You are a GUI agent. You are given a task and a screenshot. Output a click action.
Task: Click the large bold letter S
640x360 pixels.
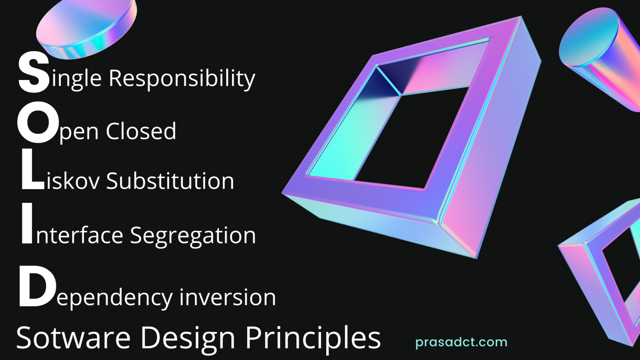click(34, 73)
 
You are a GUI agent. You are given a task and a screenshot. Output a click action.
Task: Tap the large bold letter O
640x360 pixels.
click(37, 122)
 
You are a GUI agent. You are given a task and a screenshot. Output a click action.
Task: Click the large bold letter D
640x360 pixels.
click(37, 288)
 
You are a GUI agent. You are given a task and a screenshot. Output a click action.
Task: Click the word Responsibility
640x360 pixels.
click(182, 78)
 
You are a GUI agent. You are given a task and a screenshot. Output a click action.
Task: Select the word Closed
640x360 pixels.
click(141, 131)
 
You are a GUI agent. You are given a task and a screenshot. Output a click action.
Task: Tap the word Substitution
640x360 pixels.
click(170, 181)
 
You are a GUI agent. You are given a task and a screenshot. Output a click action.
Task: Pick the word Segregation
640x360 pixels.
click(193, 235)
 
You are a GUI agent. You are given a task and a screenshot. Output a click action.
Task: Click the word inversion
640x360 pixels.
click(227, 297)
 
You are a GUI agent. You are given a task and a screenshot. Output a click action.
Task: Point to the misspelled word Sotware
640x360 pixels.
click(73, 337)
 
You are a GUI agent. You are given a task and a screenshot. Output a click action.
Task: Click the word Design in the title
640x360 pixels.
click(188, 337)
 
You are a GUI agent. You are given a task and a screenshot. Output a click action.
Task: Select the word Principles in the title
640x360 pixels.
click(312, 337)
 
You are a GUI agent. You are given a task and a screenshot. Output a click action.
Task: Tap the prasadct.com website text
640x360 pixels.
click(461, 342)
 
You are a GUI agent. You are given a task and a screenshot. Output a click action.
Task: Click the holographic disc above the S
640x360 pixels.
click(86, 27)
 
